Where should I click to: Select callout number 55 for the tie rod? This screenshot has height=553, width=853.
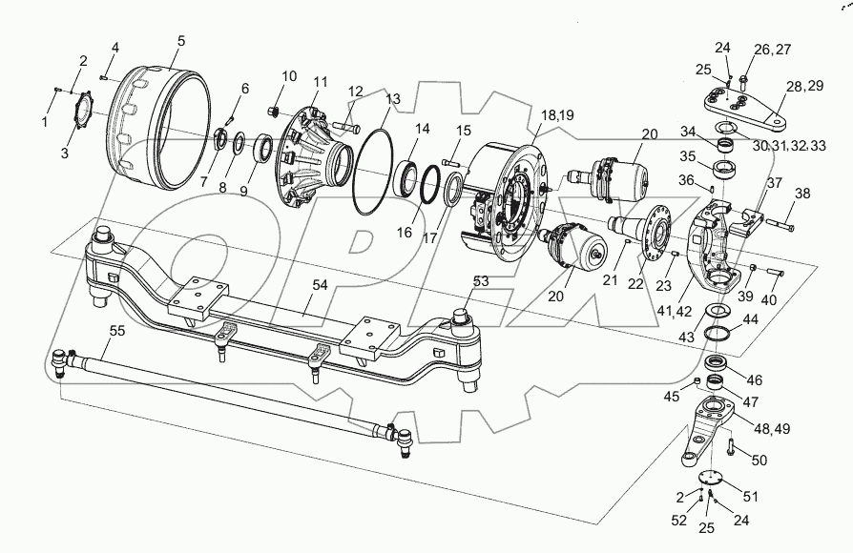(x=116, y=331)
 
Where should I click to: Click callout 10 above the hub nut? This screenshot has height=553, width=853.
(x=289, y=75)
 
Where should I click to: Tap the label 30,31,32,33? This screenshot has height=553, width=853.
(x=790, y=146)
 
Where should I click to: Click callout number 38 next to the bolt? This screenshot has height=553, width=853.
(x=802, y=193)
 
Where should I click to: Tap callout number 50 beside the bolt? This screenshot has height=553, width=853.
(x=759, y=461)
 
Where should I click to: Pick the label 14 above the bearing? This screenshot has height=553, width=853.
(x=423, y=128)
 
